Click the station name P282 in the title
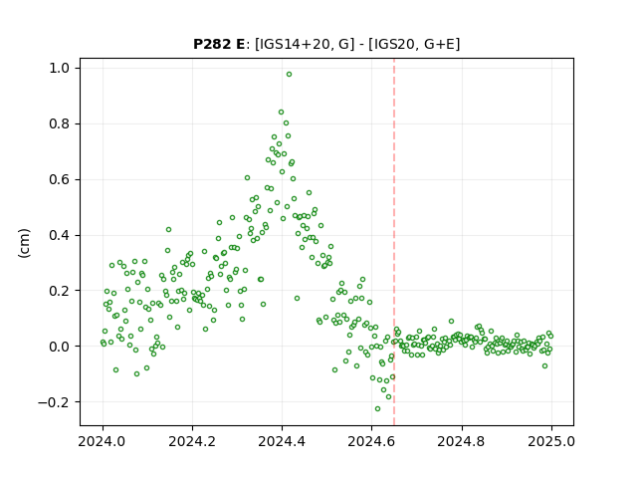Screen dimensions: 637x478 pyautogui.click(x=212, y=44)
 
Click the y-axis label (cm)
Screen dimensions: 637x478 pyautogui.click(x=24, y=243)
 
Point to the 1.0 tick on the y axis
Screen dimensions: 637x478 pyautogui.click(x=60, y=69)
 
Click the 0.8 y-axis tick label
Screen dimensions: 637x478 pyautogui.click(x=60, y=123)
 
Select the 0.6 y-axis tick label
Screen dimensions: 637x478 pyautogui.click(x=60, y=179)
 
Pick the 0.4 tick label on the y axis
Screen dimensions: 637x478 pyautogui.click(x=60, y=235)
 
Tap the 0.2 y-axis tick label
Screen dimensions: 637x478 pyautogui.click(x=60, y=291)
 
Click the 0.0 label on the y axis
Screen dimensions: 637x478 pyautogui.click(x=60, y=347)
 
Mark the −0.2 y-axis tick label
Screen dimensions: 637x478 pyautogui.click(x=54, y=402)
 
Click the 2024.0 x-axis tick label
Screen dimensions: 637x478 pyautogui.click(x=103, y=441)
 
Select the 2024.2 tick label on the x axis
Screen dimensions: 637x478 pyautogui.click(x=192, y=441)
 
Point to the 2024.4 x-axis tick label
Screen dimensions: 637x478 pyautogui.click(x=282, y=441)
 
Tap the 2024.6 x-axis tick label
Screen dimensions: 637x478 pyautogui.click(x=371, y=441)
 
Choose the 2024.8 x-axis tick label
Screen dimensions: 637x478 pyautogui.click(x=462, y=441)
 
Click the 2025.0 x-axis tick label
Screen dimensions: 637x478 pyautogui.click(x=551, y=441)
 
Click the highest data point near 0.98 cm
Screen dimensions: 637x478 pyautogui.click(x=289, y=75)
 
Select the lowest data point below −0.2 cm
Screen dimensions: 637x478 pyautogui.click(x=377, y=409)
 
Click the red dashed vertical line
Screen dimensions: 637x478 pyautogui.click(x=394, y=242)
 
